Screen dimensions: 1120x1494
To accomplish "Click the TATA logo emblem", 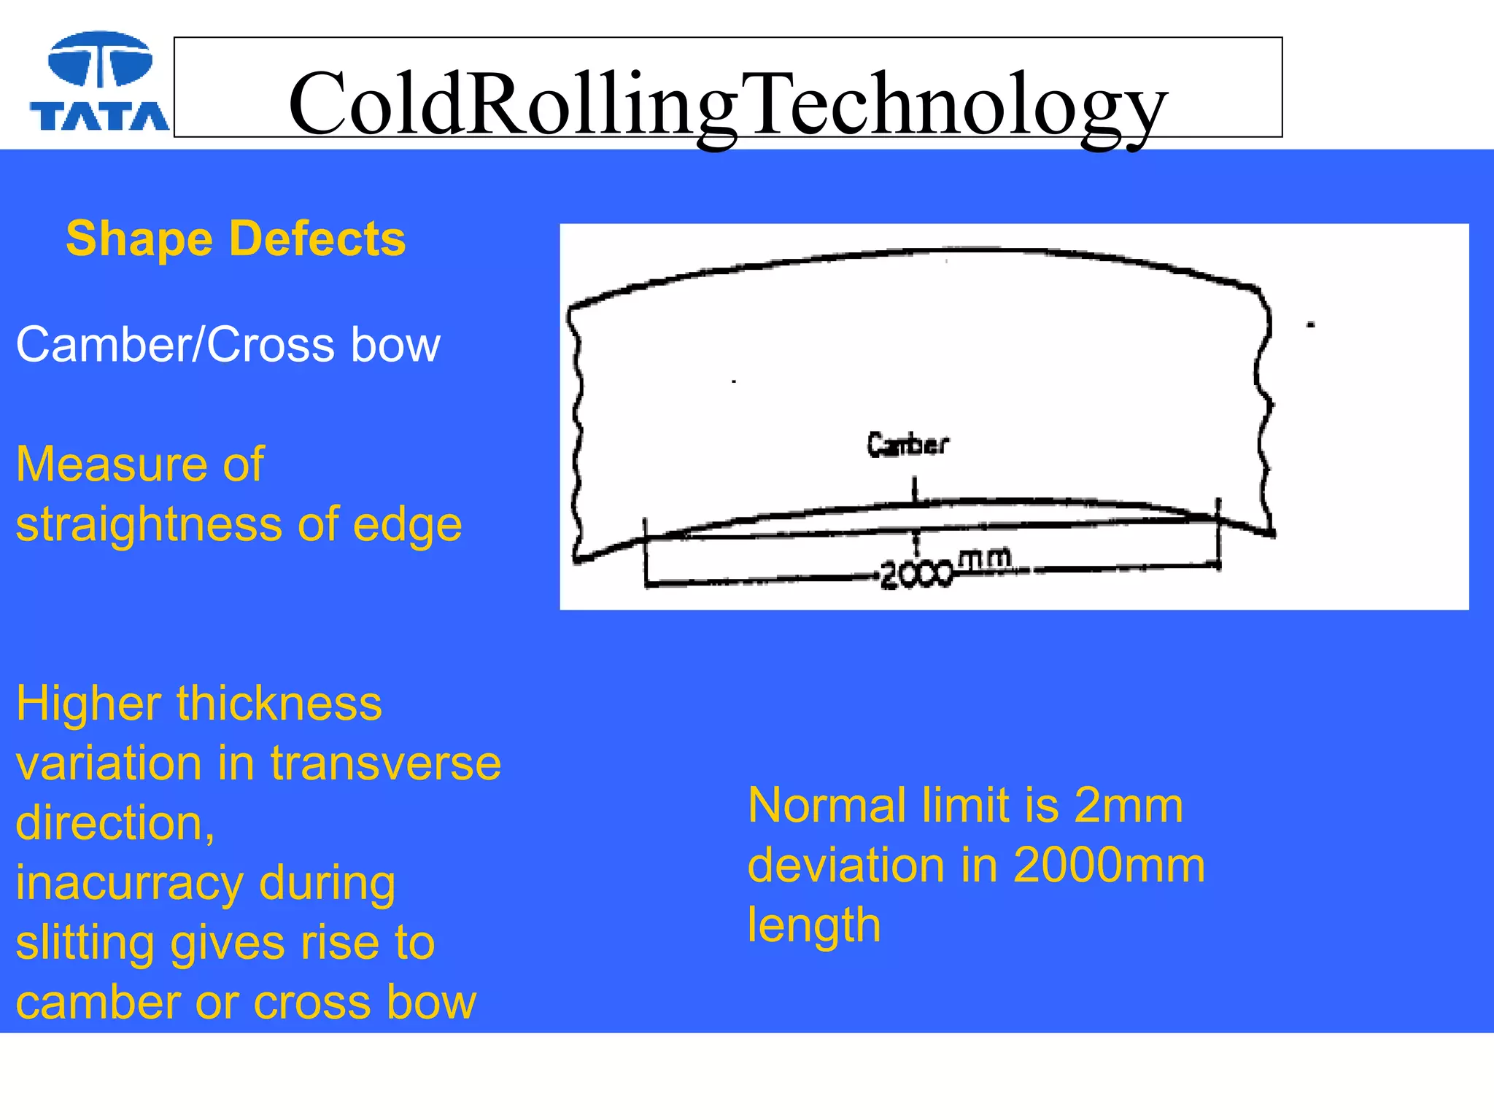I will (x=100, y=60).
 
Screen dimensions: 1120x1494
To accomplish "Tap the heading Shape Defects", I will (x=236, y=238).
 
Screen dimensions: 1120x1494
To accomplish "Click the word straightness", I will (x=149, y=525).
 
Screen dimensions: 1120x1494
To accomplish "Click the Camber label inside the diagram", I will (x=907, y=444).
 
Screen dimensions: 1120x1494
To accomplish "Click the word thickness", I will (x=279, y=704).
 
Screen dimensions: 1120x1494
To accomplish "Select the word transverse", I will (x=386, y=763).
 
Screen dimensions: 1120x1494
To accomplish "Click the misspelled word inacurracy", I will (x=129, y=883).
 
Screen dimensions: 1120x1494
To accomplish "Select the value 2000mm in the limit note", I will (x=1109, y=866).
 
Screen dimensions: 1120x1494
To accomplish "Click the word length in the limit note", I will (x=814, y=925).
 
